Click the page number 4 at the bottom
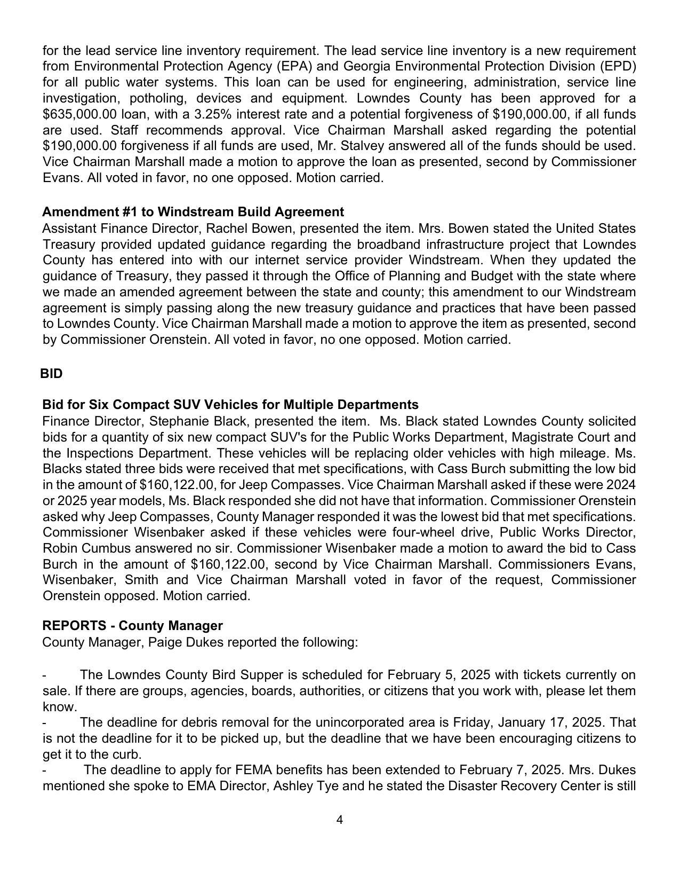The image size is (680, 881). tap(340, 820)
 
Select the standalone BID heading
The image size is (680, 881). tap(51, 374)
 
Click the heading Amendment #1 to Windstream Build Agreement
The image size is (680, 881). tap(193, 212)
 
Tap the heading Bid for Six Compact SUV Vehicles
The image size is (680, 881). tap(230, 404)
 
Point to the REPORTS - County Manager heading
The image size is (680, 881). tap(132, 625)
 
